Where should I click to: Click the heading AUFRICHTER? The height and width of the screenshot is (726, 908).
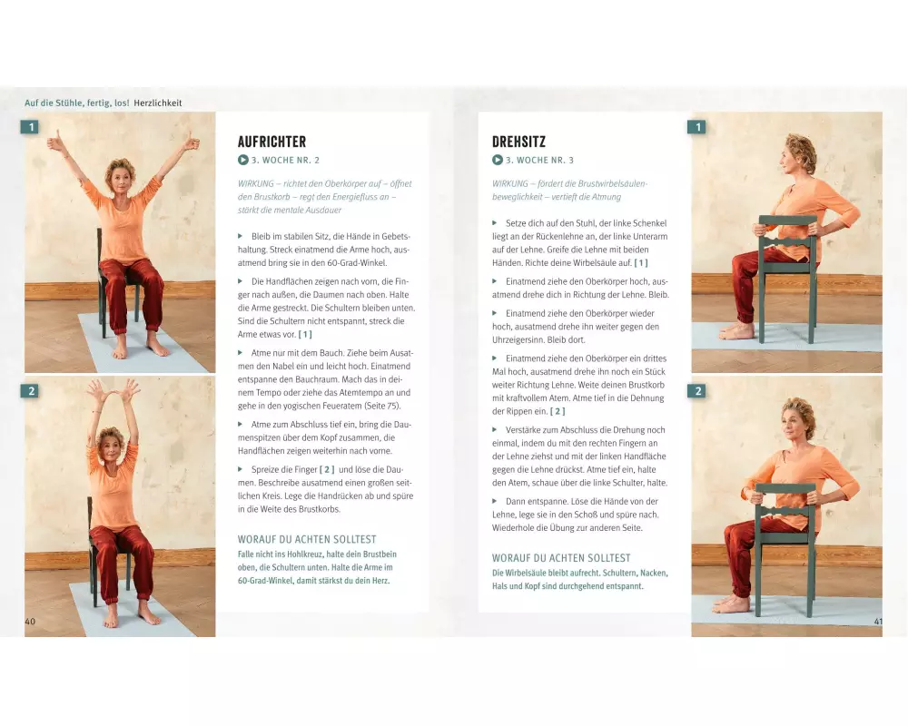point(271,142)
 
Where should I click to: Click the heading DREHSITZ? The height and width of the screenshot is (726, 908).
point(518,142)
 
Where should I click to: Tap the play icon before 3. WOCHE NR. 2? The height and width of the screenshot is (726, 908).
point(243,160)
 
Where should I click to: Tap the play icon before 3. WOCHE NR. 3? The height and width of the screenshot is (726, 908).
point(498,160)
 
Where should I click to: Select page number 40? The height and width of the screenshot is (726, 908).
point(30,622)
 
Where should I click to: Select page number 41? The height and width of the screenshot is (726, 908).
point(878,622)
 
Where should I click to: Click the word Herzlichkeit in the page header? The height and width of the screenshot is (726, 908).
point(157,103)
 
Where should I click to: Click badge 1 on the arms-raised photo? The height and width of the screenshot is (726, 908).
point(30,127)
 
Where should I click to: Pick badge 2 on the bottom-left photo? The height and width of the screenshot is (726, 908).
point(30,391)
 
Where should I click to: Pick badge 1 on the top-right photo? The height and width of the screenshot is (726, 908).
point(696,127)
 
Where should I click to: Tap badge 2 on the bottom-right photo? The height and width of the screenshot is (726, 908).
point(696,391)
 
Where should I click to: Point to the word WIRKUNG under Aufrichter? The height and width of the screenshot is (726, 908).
point(255,183)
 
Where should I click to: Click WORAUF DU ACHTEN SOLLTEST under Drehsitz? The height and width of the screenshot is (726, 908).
point(561,558)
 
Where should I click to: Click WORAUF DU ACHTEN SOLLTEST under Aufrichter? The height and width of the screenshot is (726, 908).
point(307,539)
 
